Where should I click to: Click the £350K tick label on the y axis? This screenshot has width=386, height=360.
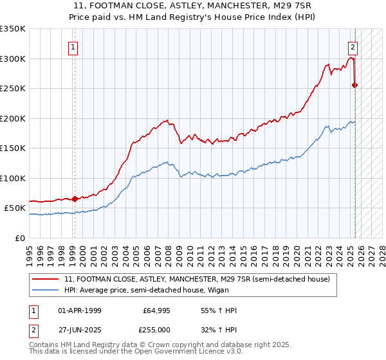pyautogui.click(x=13, y=29)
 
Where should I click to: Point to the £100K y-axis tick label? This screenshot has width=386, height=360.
pyautogui.click(x=13, y=178)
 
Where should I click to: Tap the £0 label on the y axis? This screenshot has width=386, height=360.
pyautogui.click(x=21, y=238)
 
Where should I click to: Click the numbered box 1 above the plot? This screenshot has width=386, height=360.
pyautogui.click(x=73, y=46)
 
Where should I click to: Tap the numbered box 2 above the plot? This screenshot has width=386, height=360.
pyautogui.click(x=353, y=46)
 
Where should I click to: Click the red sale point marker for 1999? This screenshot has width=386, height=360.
pyautogui.click(x=75, y=199)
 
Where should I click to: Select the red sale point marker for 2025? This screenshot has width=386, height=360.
pyautogui.click(x=355, y=85)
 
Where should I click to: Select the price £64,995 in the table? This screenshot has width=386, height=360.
pyautogui.click(x=157, y=310)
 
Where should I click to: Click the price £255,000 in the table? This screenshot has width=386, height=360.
pyautogui.click(x=157, y=329)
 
